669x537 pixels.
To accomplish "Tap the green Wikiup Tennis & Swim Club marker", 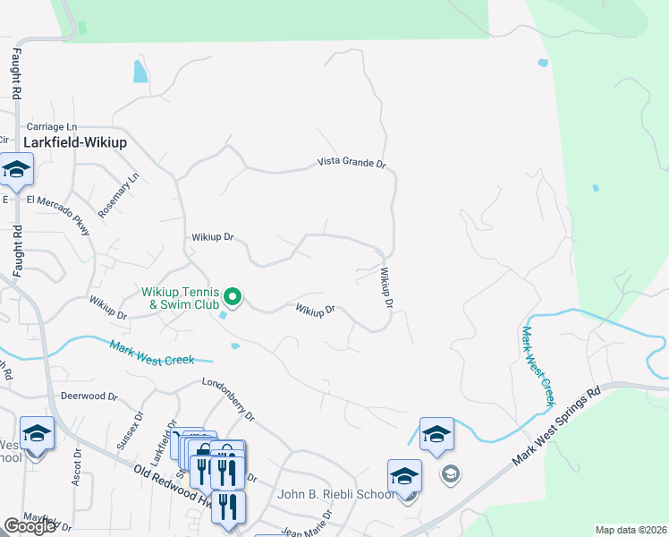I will point(233,294).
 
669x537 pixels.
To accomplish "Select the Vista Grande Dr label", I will point(351,164).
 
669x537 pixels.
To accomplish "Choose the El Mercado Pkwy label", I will point(60,214).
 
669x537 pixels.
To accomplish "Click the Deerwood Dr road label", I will point(89,396).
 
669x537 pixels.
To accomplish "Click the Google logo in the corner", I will point(30,526).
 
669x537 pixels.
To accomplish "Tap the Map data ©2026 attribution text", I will point(630,530).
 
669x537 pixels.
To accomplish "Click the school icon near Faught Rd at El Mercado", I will point(16,169).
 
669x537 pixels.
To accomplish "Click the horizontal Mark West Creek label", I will point(151,354).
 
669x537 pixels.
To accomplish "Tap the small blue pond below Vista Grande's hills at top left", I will point(140,72).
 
